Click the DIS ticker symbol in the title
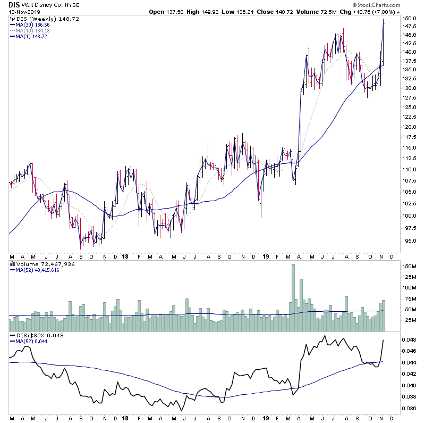tap(14, 4)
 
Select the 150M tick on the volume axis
tap(409, 266)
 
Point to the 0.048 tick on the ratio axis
tap(409, 339)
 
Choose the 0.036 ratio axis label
tap(409, 409)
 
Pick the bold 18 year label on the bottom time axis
tap(125, 419)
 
